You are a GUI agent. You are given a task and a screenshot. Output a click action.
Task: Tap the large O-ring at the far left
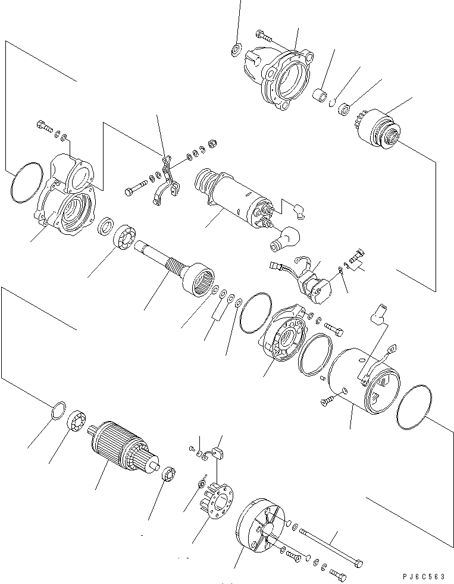[26, 183]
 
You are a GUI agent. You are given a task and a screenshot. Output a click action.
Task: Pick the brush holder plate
[218, 497]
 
